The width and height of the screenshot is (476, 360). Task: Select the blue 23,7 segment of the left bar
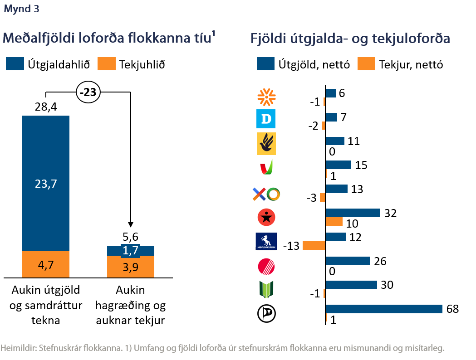[46, 183]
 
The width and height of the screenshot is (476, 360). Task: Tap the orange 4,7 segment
[46, 264]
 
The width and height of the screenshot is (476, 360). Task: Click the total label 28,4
[46, 107]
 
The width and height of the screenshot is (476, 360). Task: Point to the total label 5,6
[131, 237]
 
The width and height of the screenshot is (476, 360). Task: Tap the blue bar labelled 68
[384, 309]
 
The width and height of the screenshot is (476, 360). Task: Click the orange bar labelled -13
[314, 245]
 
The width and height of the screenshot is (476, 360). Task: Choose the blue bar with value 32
[353, 213]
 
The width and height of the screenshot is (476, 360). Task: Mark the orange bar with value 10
[334, 222]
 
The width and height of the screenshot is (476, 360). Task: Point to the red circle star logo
[266, 218]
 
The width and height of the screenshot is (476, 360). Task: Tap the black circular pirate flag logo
[266, 313]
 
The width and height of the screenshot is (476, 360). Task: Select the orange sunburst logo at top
[266, 97]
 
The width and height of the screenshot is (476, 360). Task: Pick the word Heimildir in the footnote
[18, 348]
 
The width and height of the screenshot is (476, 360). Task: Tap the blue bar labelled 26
[348, 261]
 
